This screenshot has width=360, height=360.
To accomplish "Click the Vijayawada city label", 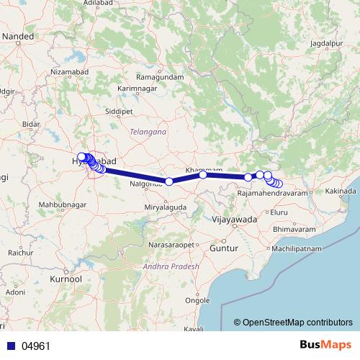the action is coord(235,219).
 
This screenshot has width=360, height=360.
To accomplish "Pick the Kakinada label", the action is coord(341,191).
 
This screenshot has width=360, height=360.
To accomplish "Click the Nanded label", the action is coord(18,35).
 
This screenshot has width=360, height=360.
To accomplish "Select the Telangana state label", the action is coord(148,132).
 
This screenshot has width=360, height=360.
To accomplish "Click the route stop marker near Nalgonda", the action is coord(168,181).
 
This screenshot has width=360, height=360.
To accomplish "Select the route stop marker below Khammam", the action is coord(203,175).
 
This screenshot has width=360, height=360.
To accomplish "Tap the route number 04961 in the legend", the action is coord(36,346).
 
